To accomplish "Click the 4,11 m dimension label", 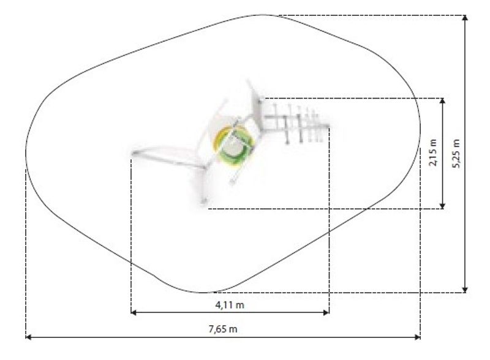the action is pos(230,305).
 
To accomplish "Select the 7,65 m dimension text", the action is pos(223,329).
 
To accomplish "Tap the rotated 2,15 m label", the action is pos(433,152).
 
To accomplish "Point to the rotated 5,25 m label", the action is pos(456,153).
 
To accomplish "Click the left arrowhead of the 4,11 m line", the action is pos(134,312).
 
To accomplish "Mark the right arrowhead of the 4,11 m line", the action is pos(326,312).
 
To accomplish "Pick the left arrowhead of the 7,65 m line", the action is pos(28,337).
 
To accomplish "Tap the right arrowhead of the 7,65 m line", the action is pos(418,337).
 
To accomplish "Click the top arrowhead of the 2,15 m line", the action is pos(442,100).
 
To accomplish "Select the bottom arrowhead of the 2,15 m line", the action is pos(442,206).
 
